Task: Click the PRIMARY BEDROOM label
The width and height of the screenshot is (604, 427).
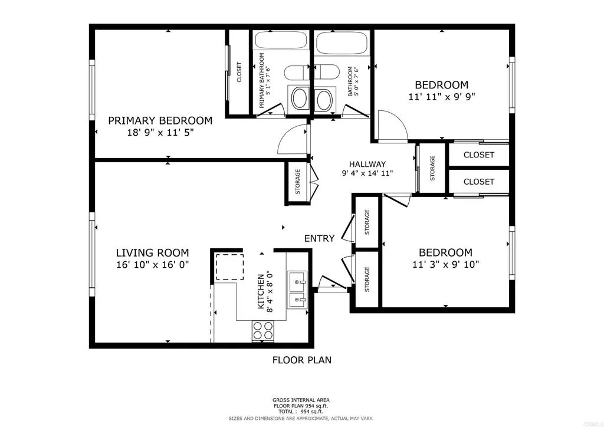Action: coord(160,120)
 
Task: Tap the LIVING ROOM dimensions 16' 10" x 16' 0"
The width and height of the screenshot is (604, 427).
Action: coord(152,265)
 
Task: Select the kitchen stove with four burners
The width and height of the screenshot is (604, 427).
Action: coord(263,330)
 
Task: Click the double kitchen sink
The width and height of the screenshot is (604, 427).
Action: coord(296,290)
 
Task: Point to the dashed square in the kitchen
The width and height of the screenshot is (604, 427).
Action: coord(228,266)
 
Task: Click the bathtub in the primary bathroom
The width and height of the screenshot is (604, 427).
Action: coord(280,42)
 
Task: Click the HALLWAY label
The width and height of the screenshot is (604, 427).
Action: coord(367,164)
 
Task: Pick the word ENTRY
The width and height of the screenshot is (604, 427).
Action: coord(319,238)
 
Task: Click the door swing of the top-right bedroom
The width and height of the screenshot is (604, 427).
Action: coord(390,126)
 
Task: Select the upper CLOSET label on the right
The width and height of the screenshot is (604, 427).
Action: coord(478,155)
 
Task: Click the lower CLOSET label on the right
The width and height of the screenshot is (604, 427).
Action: coord(478,182)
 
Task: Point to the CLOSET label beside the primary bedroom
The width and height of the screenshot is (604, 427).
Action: coord(239,73)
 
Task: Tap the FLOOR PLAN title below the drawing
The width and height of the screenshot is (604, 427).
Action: coord(301,360)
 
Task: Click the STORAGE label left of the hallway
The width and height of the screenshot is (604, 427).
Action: coord(298,182)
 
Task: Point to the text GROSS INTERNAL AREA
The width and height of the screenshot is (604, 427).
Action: coord(301,399)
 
